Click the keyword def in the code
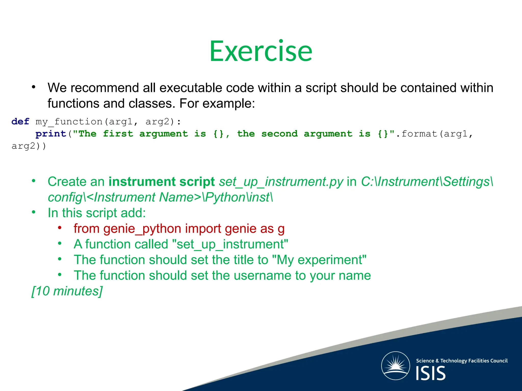(x=20, y=121)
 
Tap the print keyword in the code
(x=51, y=134)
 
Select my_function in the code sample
(x=69, y=122)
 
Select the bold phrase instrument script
(x=162, y=182)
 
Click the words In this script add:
(x=97, y=213)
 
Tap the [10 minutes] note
(x=67, y=291)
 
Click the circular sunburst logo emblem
(x=395, y=366)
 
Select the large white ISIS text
(x=430, y=373)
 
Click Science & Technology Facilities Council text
(x=462, y=361)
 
